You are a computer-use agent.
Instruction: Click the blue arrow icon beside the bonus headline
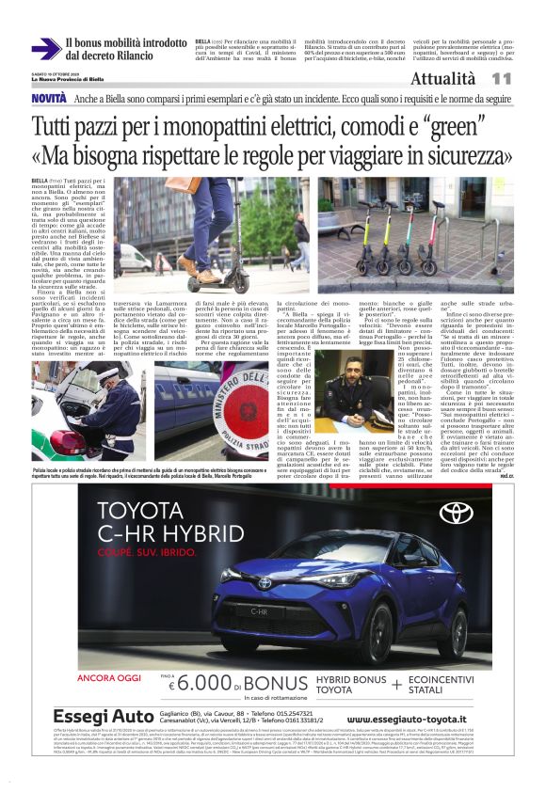[45, 49]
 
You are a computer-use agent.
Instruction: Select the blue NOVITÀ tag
[48, 99]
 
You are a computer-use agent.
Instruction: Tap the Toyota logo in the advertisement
[455, 514]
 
